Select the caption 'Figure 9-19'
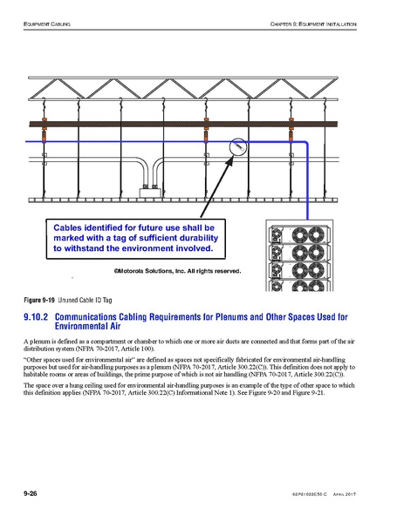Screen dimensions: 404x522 pos(38,301)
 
